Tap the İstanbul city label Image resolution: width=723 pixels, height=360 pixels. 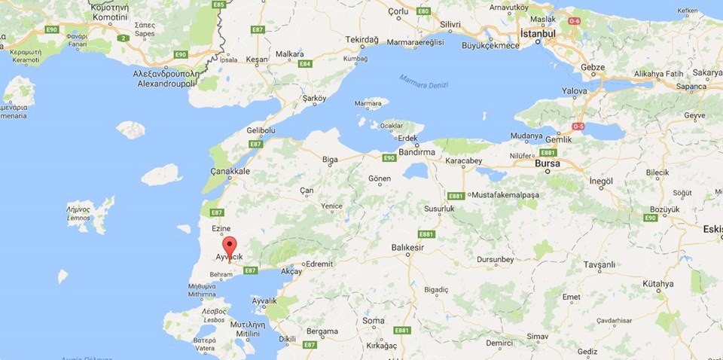(x=538, y=34)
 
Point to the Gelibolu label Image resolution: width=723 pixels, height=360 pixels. (x=261, y=130)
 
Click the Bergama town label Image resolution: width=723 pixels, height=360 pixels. (x=322, y=331)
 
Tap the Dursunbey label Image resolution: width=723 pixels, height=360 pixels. (x=495, y=260)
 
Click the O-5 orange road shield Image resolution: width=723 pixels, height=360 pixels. (x=578, y=126)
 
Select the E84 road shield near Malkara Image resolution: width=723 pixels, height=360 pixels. (x=305, y=64)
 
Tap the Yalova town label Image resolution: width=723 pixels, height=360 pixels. (x=574, y=90)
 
